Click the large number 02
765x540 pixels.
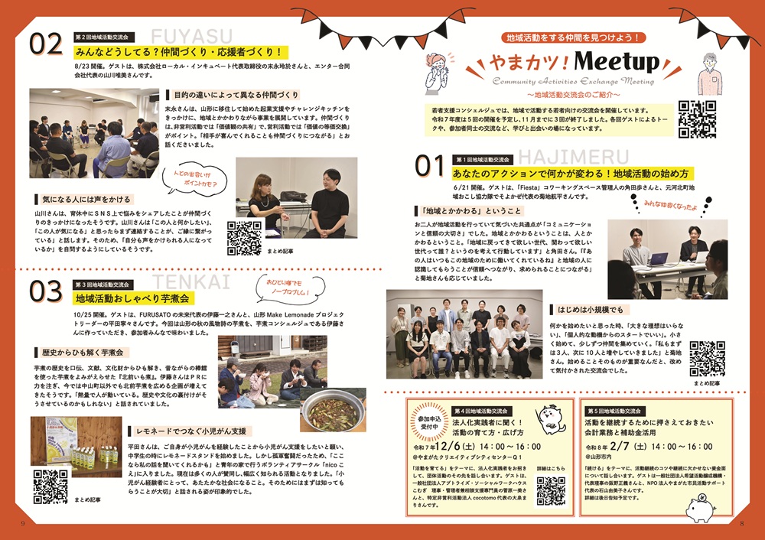click(x=45, y=45)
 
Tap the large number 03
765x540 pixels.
click(x=45, y=291)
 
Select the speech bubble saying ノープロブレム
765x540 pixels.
click(x=285, y=288)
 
